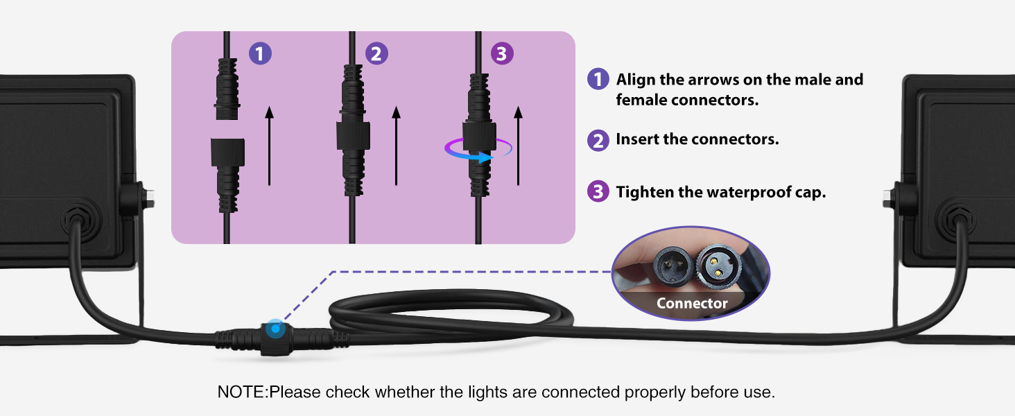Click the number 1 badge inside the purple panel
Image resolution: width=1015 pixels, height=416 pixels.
point(259,53)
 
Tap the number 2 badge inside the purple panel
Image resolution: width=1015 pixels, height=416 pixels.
point(376,53)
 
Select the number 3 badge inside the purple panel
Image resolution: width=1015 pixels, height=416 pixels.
point(502,53)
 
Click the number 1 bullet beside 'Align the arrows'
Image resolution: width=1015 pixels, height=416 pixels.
point(598,79)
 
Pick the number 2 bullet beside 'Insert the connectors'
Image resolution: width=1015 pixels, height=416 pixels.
point(598,140)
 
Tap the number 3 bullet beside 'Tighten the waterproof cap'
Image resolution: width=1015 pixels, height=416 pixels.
point(598,191)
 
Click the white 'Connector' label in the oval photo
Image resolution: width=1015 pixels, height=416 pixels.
point(692,303)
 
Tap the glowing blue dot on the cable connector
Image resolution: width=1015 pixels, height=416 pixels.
point(276,328)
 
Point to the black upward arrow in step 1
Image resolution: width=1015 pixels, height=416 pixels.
point(269,146)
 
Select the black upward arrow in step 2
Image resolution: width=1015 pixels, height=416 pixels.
point(396,146)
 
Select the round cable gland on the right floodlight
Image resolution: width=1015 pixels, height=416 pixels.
point(958,219)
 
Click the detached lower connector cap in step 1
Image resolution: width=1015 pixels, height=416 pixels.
point(227,151)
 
